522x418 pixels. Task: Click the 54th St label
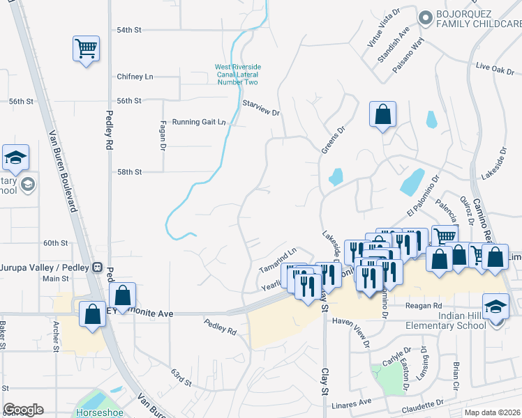coord(128,31)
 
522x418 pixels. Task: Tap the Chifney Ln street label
coord(135,77)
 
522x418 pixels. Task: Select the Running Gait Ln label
coord(199,122)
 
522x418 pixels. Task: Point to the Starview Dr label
coord(260,108)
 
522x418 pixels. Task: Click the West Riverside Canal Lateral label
coord(237,75)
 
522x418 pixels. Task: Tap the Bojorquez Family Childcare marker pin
coord(424,17)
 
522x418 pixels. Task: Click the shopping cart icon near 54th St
coord(86,49)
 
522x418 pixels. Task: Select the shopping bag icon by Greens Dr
coord(383,115)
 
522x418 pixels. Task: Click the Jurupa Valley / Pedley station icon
coord(98,267)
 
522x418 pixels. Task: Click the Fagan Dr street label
coord(162,135)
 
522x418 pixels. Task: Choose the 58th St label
coord(129,171)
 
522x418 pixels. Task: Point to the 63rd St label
coord(181,377)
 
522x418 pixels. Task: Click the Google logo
coord(24,410)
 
